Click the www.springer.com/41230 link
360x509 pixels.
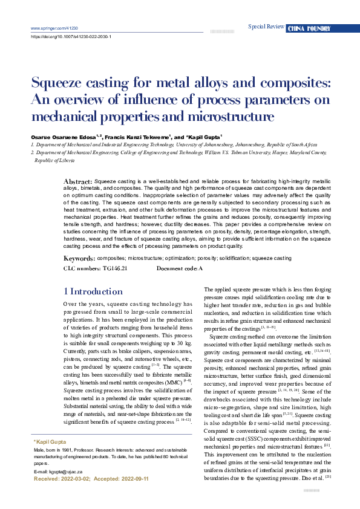(x=54, y=28)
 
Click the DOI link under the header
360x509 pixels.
(x=71, y=36)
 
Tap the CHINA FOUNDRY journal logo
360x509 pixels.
(x=309, y=28)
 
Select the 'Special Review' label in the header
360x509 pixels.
(x=266, y=27)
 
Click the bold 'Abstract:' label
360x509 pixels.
(x=78, y=181)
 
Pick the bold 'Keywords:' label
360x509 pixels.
(x=79, y=258)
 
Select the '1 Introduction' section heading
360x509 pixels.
(x=93, y=291)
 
